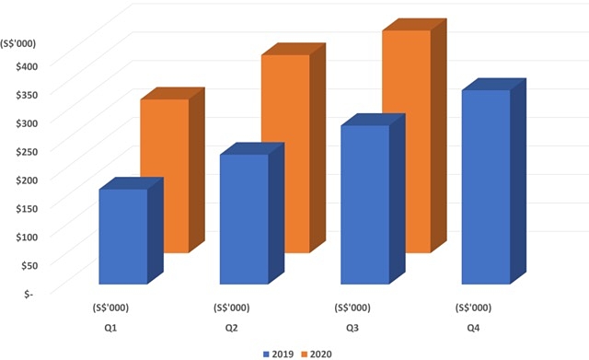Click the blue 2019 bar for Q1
[122, 237]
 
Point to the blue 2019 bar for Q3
[364, 204]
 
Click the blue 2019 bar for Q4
[486, 187]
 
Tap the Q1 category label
[110, 328]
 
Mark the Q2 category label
[231, 328]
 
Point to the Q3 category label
[352, 328]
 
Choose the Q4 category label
[473, 328]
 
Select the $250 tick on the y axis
[18, 150]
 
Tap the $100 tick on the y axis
[18, 236]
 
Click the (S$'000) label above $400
[19, 39]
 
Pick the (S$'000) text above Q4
[473, 308]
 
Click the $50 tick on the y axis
[21, 264]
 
